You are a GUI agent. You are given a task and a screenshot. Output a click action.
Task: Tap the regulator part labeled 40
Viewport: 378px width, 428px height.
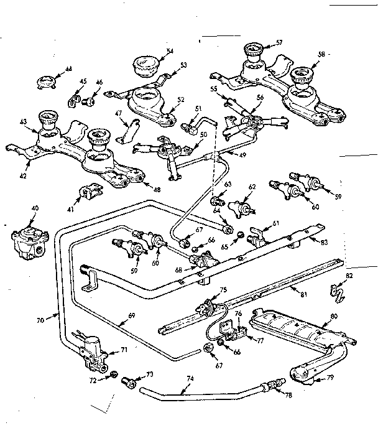pos(27,236)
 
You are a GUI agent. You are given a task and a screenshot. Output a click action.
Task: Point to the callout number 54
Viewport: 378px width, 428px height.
pos(169,52)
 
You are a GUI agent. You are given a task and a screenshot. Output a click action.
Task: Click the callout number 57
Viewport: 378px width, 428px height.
pos(279,42)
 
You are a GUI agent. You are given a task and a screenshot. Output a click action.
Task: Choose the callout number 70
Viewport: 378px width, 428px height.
pos(40,321)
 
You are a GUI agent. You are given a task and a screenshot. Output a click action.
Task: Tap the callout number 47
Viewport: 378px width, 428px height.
pos(118,114)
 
